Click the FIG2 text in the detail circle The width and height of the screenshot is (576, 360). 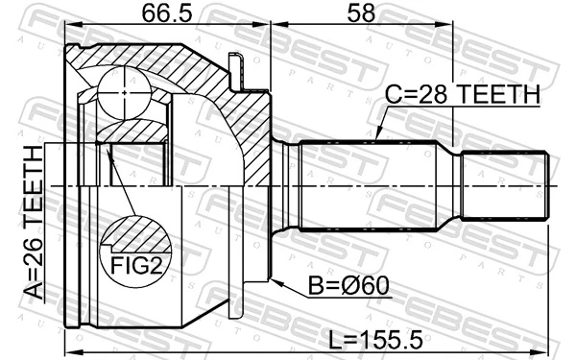135,262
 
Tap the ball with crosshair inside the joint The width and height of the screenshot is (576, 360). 125,93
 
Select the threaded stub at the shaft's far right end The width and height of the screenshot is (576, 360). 506,184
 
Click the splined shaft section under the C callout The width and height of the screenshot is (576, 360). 374,184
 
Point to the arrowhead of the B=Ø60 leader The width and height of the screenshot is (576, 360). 273,280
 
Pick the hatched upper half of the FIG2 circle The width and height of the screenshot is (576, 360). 134,232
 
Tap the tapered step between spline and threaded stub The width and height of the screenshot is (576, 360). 454,184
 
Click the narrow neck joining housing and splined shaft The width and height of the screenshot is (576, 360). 286,184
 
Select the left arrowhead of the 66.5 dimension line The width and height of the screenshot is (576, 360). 71,33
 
